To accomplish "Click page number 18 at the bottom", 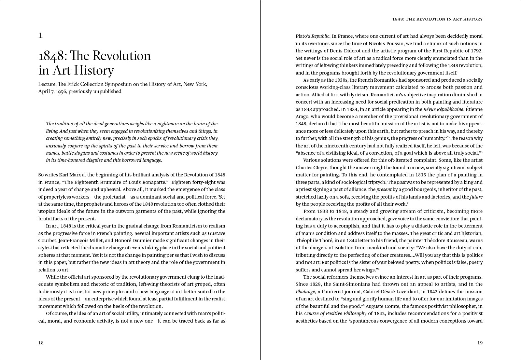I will click(41, 342).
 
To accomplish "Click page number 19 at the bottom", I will click(480, 342).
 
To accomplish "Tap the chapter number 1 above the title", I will click(40, 35).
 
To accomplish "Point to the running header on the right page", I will click(437, 19).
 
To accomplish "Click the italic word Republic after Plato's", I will click(320, 36).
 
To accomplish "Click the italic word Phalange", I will click(305, 292).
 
